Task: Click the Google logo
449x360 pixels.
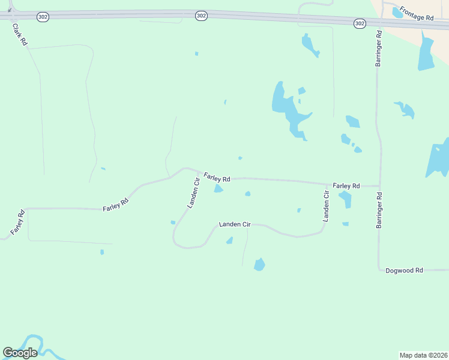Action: [20, 353]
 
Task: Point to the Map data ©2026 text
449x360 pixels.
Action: [424, 355]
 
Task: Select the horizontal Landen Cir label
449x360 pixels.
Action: [235, 224]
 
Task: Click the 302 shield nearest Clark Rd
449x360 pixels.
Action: [43, 17]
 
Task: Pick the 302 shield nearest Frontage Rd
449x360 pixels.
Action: [360, 23]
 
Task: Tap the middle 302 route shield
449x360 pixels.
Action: [201, 16]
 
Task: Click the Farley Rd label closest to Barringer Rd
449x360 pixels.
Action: [346, 186]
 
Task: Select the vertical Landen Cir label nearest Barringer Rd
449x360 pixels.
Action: [327, 207]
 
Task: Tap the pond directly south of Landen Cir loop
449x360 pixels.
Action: [259, 264]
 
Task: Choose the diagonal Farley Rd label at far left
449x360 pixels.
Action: [18, 222]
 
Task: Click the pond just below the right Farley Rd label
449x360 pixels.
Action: [345, 199]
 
